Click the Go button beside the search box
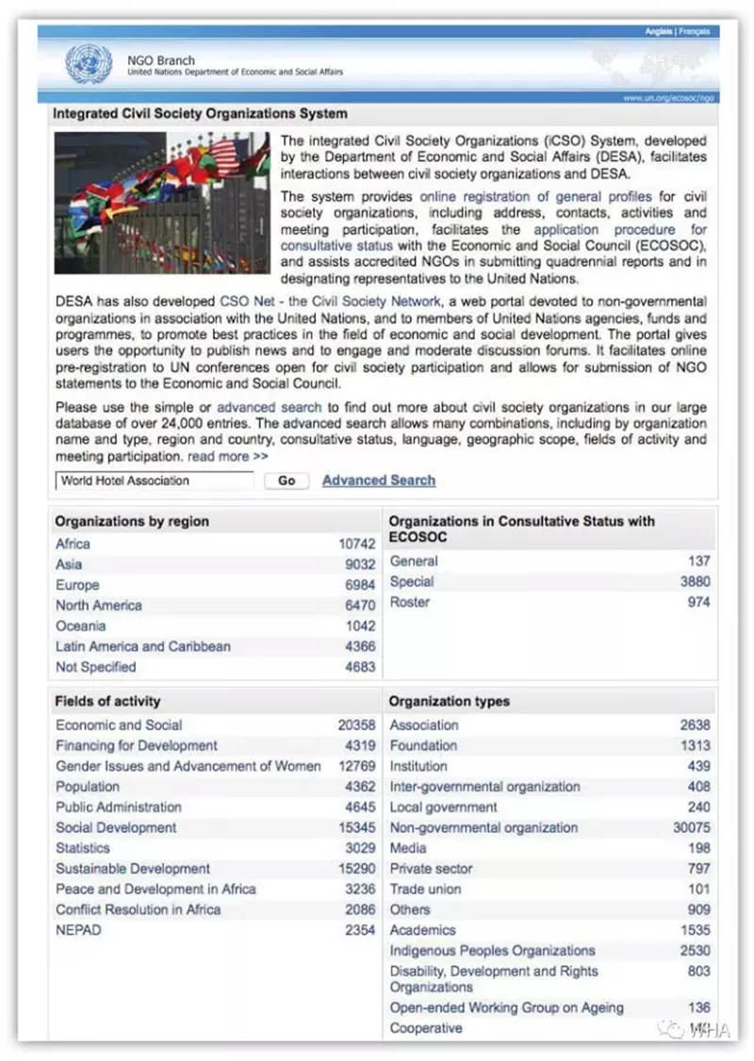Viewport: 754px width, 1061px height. pos(287,481)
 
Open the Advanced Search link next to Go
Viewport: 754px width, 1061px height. pos(379,481)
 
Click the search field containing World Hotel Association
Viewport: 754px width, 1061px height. pos(154,481)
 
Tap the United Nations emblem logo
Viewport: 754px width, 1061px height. pos(89,64)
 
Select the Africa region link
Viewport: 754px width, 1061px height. pos(73,544)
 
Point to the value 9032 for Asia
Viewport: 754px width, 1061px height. pos(360,564)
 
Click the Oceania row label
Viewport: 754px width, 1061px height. pos(80,626)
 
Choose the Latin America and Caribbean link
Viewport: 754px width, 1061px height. pos(142,646)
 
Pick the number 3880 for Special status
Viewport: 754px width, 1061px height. pos(695,581)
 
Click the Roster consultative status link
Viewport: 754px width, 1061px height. pos(409,602)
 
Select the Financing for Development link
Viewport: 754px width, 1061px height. pos(136,745)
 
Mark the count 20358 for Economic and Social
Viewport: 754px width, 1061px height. pos(356,726)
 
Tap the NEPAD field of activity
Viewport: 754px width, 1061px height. pos(77,930)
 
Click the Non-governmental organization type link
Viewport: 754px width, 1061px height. pos(484,827)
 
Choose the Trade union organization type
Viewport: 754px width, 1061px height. pos(425,889)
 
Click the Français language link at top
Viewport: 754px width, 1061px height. pos(695,32)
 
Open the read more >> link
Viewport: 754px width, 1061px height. pos(227,457)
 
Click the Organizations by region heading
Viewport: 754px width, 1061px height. pos(132,521)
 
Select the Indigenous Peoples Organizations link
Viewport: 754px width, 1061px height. pos(492,951)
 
